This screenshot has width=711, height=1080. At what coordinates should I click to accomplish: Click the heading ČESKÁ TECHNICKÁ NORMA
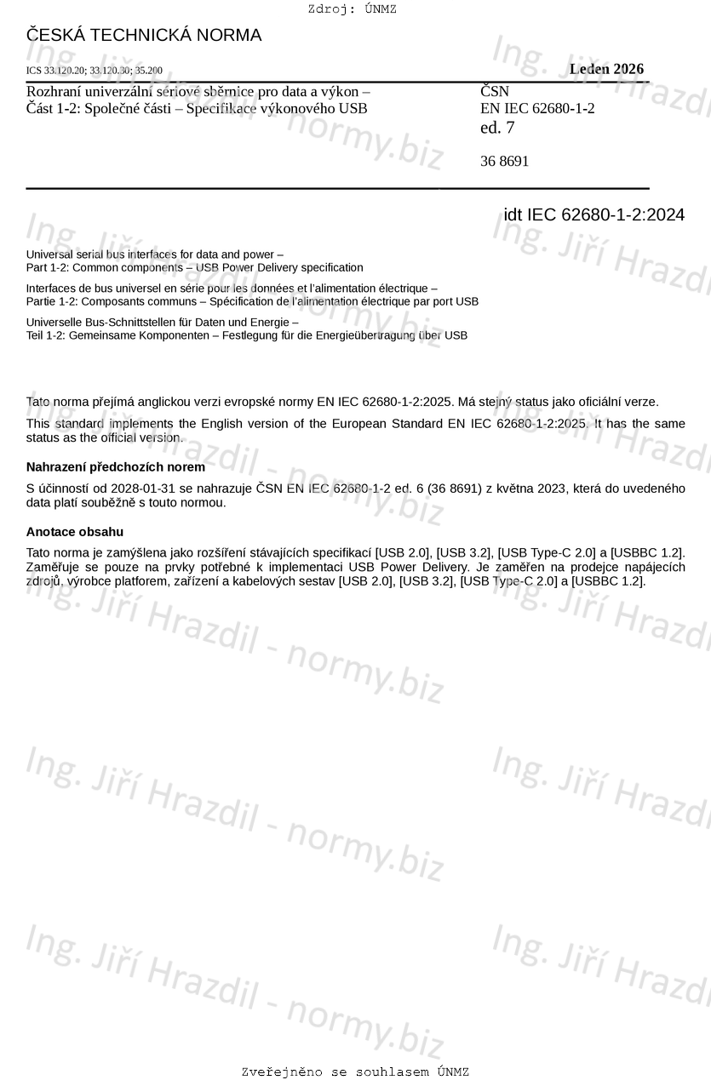[144, 36]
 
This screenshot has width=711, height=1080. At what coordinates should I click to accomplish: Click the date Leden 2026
[606, 70]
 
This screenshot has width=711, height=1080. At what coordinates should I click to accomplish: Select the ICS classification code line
[95, 71]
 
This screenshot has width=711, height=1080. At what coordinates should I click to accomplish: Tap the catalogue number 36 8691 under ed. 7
[504, 161]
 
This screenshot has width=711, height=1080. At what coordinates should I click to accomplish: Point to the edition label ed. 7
[497, 129]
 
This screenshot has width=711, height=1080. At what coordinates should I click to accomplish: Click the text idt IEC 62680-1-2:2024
[593, 215]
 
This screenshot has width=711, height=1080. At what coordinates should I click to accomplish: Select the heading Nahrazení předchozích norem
[116, 467]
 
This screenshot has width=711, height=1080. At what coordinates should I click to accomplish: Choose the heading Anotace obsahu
[75, 532]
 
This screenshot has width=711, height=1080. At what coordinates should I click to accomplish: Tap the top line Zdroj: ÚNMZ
[352, 9]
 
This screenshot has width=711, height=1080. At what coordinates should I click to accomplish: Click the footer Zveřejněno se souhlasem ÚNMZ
[355, 1071]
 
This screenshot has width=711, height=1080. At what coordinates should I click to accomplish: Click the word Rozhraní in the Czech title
[54, 91]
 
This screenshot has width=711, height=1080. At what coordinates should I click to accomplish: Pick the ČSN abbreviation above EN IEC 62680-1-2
[495, 91]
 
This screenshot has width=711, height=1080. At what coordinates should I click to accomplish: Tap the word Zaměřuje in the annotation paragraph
[53, 567]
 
